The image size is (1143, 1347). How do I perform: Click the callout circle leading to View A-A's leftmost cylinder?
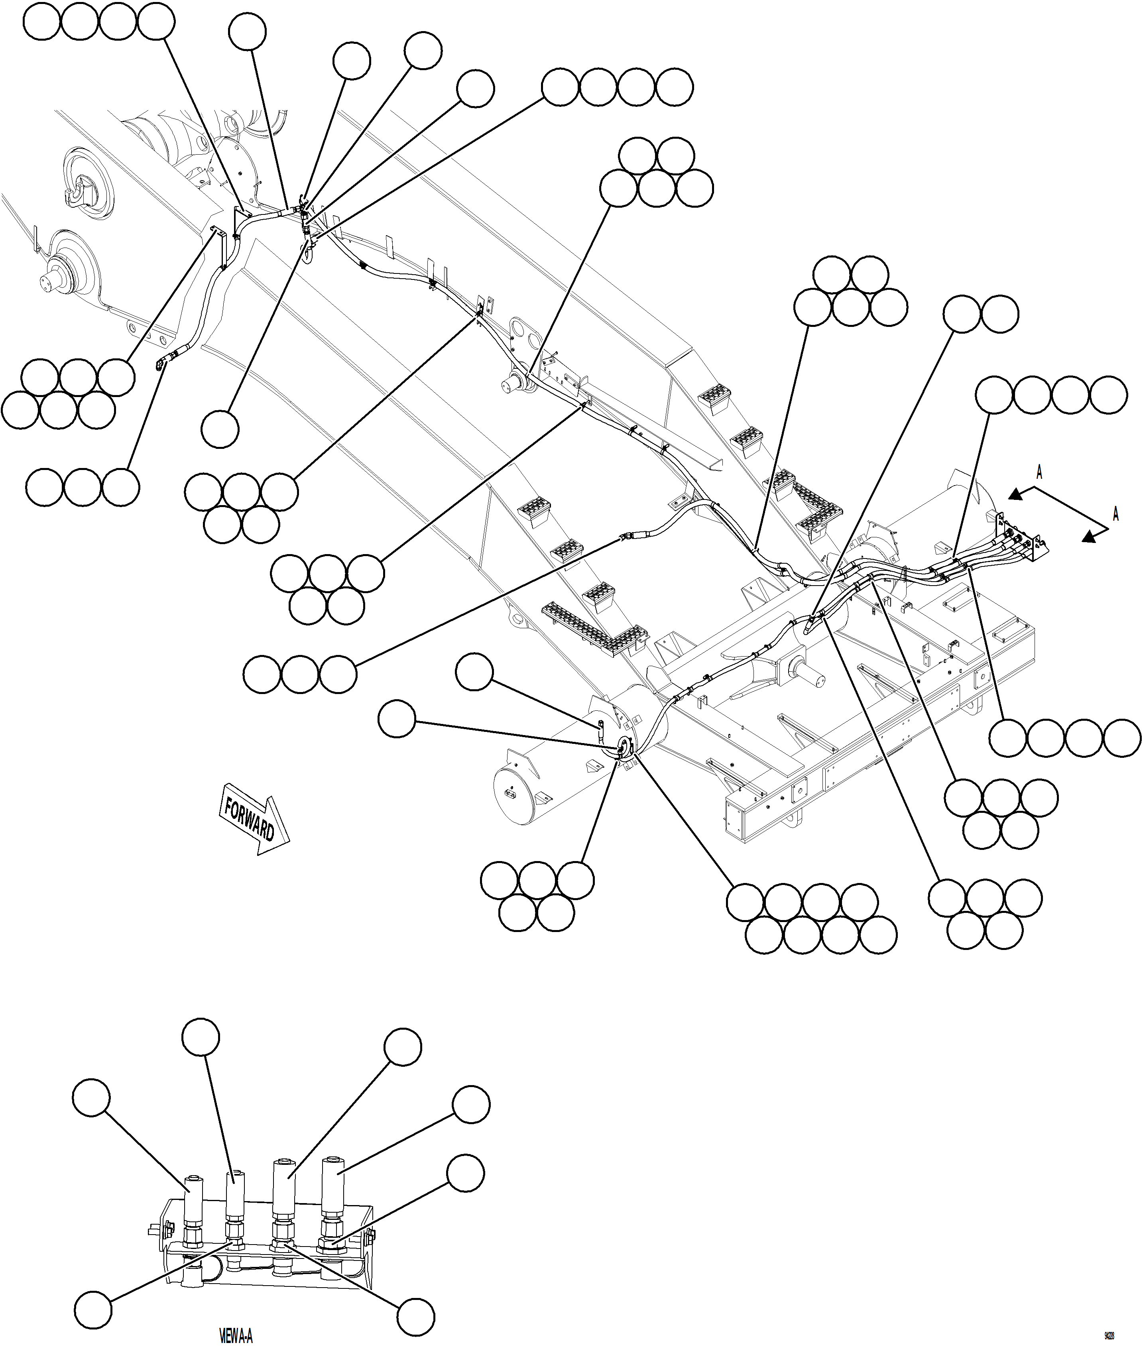[x=91, y=1097]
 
